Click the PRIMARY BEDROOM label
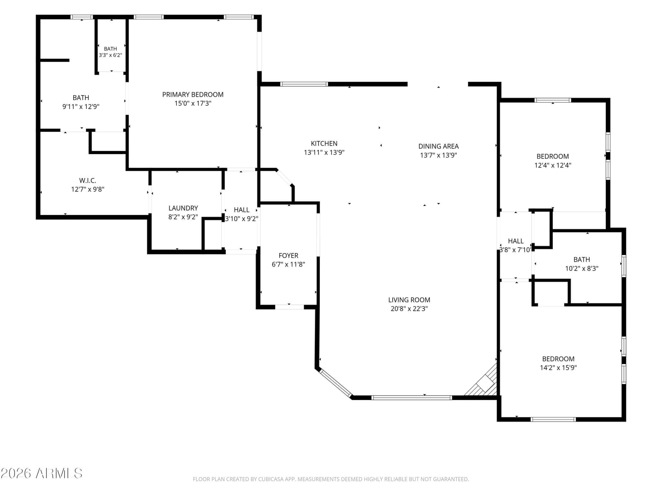click(193, 95)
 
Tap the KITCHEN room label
click(324, 143)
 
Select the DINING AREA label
click(438, 146)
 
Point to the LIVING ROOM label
click(409, 300)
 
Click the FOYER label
click(288, 255)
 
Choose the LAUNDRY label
click(183, 208)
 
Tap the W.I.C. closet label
click(87, 180)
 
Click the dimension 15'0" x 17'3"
click(193, 103)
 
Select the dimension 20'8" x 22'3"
click(409, 308)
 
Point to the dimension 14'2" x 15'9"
click(558, 367)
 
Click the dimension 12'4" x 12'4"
click(552, 165)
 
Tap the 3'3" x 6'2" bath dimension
click(110, 55)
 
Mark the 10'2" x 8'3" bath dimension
click(581, 268)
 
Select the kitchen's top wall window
click(304, 84)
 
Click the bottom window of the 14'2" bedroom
click(553, 419)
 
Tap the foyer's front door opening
click(289, 307)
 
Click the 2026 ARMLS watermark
click(41, 473)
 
